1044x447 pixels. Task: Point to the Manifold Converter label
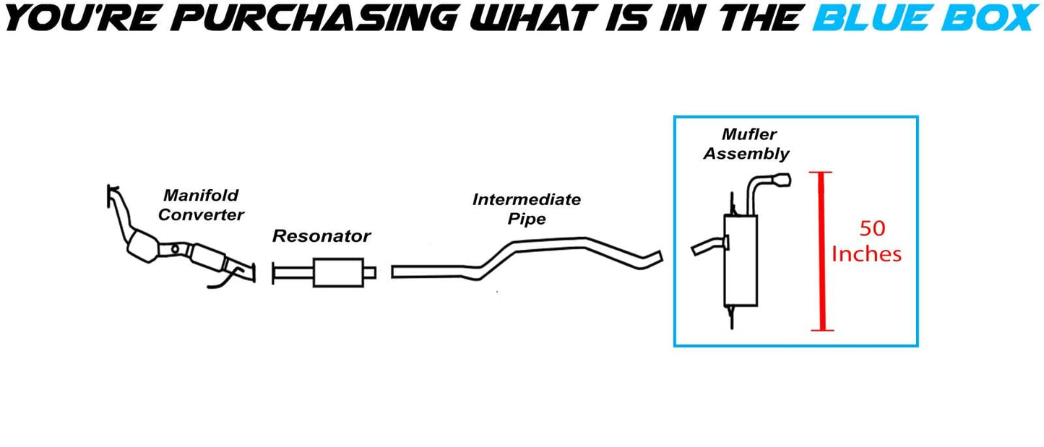201,204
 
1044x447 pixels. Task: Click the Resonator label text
321,236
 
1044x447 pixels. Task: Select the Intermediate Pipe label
526,209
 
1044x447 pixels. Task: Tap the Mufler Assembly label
747,144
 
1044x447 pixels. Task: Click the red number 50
872,229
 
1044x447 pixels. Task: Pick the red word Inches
866,254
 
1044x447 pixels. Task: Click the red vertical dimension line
821,253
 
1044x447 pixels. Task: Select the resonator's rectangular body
337,272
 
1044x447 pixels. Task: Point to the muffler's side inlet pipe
707,246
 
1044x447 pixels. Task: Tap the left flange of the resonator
275,273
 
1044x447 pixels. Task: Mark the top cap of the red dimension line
821,173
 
